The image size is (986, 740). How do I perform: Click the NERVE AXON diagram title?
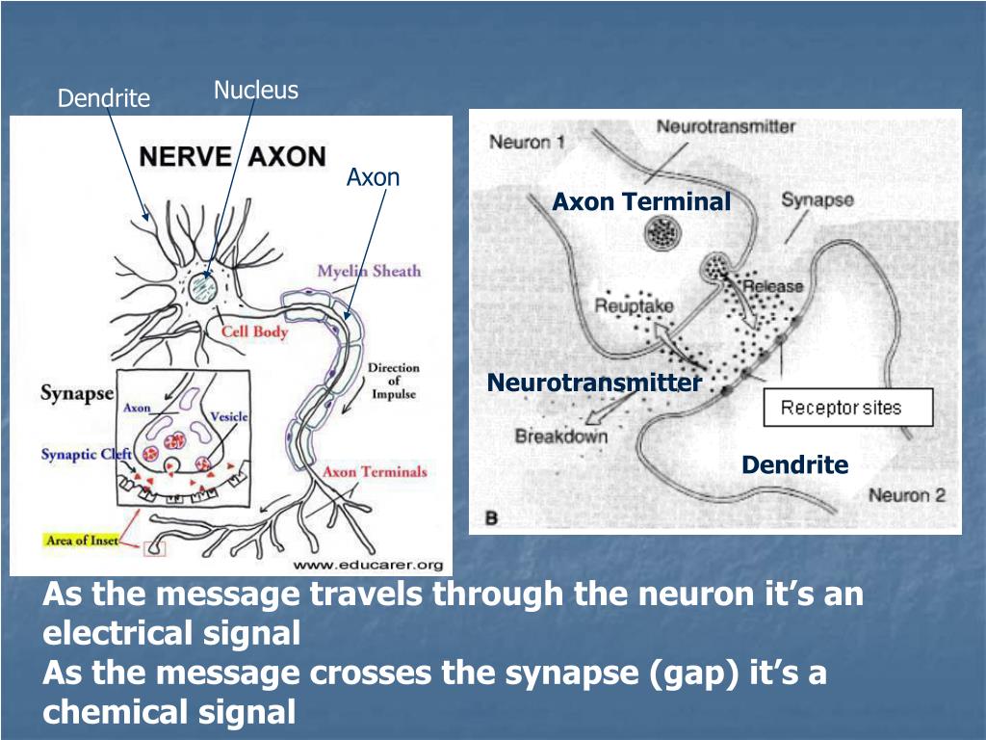tap(233, 157)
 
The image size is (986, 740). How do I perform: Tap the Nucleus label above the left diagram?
tap(256, 91)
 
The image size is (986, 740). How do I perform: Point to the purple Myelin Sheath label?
tap(369, 271)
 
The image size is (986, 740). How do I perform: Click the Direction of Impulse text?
tap(394, 382)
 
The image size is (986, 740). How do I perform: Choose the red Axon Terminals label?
tap(375, 471)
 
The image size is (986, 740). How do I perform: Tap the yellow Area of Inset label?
tap(82, 541)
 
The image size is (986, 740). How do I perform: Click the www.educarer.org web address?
tap(368, 565)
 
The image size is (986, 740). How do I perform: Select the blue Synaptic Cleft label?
tap(84, 454)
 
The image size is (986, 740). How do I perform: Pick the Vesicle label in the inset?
tap(228, 416)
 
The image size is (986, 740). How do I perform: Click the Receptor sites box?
tap(847, 408)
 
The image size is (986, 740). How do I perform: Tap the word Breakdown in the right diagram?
tap(561, 436)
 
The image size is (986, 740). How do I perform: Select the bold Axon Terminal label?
tap(641, 201)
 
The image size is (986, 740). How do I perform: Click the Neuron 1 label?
tap(527, 144)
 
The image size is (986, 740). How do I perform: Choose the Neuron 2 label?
tap(907, 496)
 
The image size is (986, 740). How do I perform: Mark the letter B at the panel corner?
tap(491, 518)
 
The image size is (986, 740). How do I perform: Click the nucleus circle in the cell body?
tap(203, 286)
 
